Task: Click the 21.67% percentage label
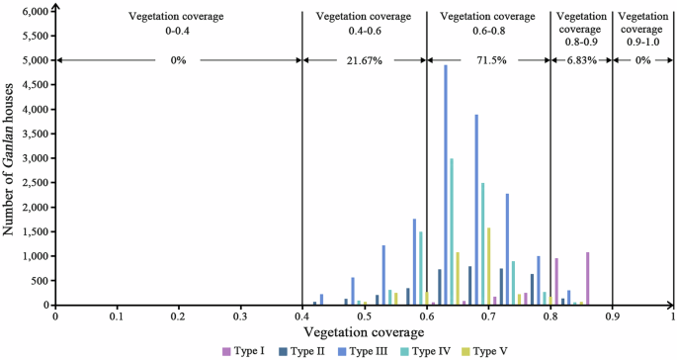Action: [364, 60]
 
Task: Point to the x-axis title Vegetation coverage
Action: [364, 332]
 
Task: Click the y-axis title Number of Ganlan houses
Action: [9, 158]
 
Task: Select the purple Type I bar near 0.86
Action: [587, 278]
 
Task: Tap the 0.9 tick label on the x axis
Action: [612, 316]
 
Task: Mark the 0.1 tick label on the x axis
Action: [117, 316]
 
